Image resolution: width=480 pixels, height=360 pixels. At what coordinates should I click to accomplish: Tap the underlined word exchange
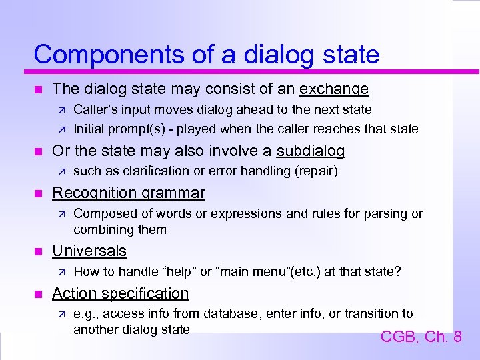pyautogui.click(x=334, y=89)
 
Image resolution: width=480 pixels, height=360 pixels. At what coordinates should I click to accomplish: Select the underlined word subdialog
pyautogui.click(x=311, y=151)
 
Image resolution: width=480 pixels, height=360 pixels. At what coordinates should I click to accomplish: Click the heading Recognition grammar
pyautogui.click(x=129, y=193)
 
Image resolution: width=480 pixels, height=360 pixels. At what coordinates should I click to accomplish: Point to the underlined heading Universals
pyautogui.click(x=89, y=251)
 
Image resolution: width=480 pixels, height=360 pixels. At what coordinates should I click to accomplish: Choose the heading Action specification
pyautogui.click(x=121, y=293)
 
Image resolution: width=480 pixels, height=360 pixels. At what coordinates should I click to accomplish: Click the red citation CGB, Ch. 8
pyautogui.click(x=421, y=337)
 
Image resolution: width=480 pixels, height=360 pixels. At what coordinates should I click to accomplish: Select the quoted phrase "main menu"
pyautogui.click(x=249, y=271)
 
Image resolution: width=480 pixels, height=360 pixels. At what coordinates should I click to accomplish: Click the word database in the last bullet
pyautogui.click(x=229, y=313)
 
